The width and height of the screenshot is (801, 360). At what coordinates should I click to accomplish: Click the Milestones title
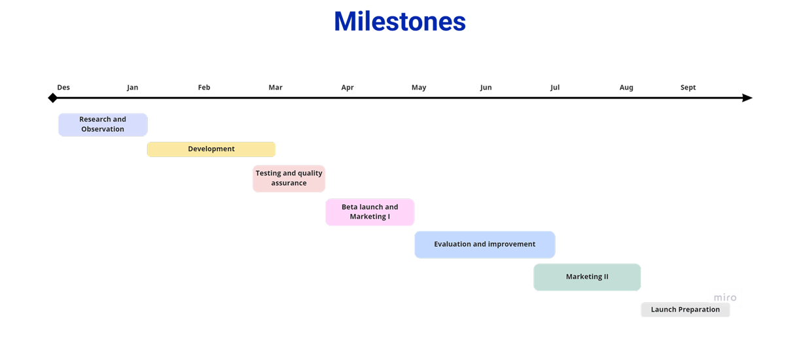(x=400, y=22)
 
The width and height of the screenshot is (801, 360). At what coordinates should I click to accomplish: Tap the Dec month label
(x=63, y=88)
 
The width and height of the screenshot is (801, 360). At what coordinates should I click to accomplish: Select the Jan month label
(x=132, y=88)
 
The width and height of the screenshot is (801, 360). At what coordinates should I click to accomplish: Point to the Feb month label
(x=204, y=88)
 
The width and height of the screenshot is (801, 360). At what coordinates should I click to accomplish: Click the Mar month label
(x=276, y=88)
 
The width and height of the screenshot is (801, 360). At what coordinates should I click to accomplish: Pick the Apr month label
(x=347, y=88)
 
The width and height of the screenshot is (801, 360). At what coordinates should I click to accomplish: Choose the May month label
(x=419, y=88)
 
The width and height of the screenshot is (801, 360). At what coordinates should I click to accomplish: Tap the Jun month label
(x=486, y=88)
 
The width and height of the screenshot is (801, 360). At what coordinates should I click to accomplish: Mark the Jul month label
(x=555, y=88)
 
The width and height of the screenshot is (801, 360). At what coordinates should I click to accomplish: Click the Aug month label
(x=626, y=88)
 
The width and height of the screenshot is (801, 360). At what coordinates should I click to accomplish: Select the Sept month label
(x=688, y=88)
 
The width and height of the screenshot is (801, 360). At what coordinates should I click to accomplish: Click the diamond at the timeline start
(x=52, y=98)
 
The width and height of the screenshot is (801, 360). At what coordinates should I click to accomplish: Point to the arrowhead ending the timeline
(x=747, y=98)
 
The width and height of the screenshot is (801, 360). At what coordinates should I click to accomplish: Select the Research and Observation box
(x=103, y=124)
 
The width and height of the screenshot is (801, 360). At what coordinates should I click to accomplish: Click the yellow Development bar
(x=211, y=149)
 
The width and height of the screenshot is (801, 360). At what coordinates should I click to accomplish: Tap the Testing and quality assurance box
(x=289, y=179)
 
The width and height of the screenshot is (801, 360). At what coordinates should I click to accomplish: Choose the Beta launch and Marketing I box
(x=370, y=212)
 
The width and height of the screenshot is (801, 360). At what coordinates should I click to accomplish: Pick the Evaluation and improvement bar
(x=484, y=244)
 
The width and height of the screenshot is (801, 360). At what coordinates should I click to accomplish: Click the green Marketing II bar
(x=587, y=277)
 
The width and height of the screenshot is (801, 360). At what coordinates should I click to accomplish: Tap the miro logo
(x=725, y=298)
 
